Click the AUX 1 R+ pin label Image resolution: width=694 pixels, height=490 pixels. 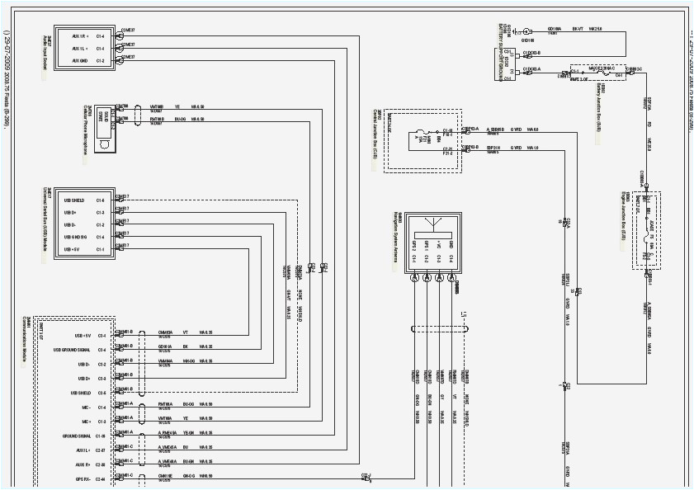80,36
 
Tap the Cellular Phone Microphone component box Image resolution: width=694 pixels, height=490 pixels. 104,129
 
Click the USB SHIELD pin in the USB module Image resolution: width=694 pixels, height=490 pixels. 73,200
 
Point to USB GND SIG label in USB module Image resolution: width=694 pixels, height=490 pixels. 73,237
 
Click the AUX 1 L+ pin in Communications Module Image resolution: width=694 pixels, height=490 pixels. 82,450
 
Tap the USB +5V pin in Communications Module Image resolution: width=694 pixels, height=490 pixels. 81,336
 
